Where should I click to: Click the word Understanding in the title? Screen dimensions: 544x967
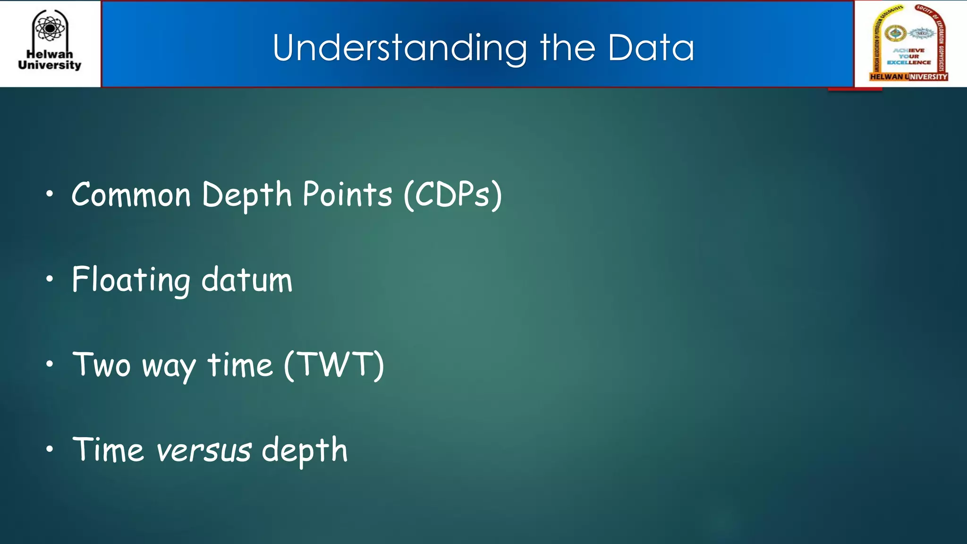[x=399, y=48]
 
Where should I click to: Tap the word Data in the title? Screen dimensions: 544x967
[x=651, y=48]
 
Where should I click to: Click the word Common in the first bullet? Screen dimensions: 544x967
[x=131, y=195]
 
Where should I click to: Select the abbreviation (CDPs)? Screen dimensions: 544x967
[x=453, y=195]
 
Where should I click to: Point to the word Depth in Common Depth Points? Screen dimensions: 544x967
[x=247, y=195]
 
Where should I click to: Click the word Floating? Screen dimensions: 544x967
[x=131, y=280]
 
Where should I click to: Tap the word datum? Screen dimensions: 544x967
[x=247, y=280]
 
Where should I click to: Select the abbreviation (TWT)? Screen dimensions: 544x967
[x=334, y=365]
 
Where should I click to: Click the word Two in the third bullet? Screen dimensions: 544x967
[x=102, y=365]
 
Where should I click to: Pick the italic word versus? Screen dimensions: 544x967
[x=204, y=450]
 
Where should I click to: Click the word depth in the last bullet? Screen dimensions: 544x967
[x=305, y=450]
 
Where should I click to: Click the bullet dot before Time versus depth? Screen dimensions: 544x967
[x=50, y=449]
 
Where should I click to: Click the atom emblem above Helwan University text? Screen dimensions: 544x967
[x=50, y=28]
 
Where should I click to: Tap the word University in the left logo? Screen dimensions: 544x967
[x=50, y=65]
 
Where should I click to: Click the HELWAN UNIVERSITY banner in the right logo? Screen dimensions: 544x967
[x=908, y=76]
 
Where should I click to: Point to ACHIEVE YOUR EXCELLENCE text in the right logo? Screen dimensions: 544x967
[x=908, y=56]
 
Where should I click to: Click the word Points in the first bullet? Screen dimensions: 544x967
[x=347, y=195]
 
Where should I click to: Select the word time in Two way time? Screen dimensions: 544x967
[x=240, y=365]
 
